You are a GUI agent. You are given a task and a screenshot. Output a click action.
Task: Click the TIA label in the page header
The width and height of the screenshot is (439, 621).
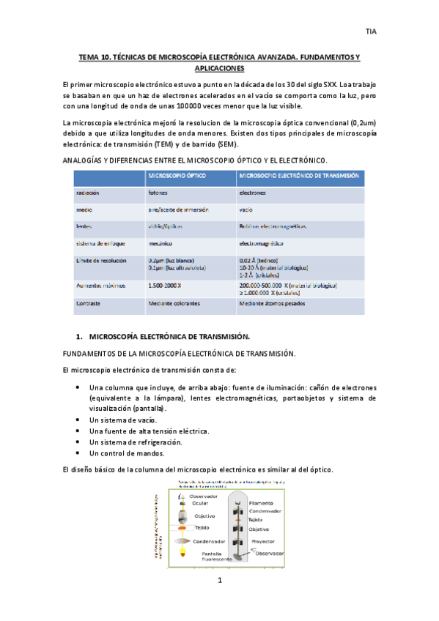click(x=371, y=31)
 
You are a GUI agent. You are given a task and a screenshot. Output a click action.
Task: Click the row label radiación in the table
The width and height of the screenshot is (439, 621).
click(x=88, y=193)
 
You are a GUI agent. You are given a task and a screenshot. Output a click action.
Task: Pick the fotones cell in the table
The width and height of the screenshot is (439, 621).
click(x=158, y=193)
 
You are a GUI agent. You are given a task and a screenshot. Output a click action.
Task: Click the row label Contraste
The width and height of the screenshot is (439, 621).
click(x=89, y=302)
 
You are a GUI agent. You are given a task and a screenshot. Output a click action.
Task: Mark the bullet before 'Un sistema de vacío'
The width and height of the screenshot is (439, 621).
click(x=78, y=420)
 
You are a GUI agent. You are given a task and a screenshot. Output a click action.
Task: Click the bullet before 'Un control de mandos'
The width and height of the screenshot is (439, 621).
click(x=78, y=453)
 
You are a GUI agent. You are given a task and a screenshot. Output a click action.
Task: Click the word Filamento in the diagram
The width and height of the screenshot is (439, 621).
click(x=261, y=504)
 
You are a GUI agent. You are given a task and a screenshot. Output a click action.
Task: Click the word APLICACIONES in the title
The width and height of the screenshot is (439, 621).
click(x=219, y=68)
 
